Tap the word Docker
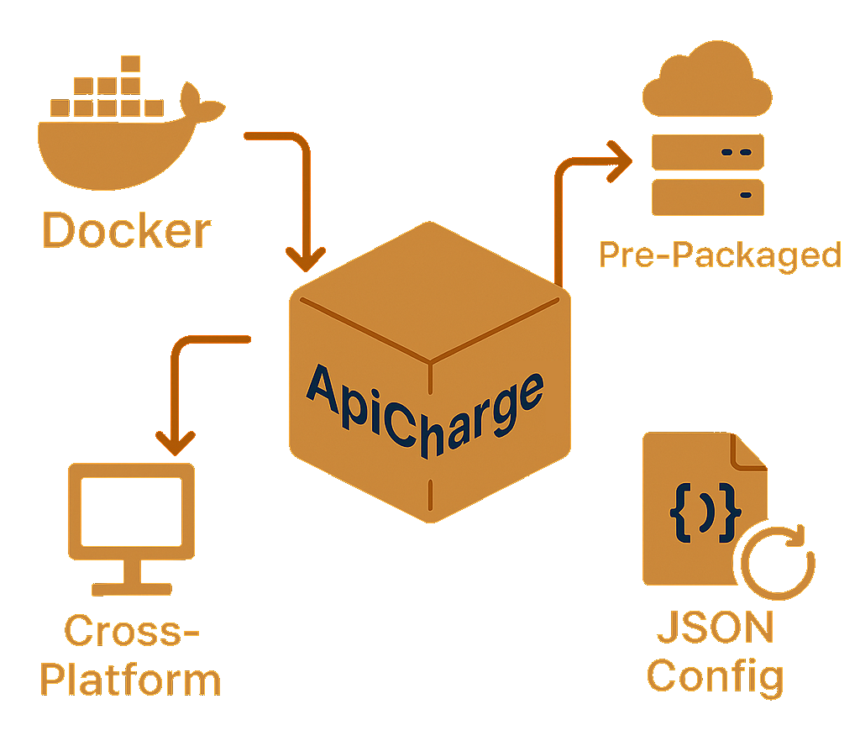pos(127,230)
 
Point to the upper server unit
pos(707,153)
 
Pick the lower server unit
pos(707,197)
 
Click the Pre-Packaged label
pos(720,254)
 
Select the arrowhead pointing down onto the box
pos(306,256)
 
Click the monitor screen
pos(131,512)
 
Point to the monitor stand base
pos(130,587)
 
